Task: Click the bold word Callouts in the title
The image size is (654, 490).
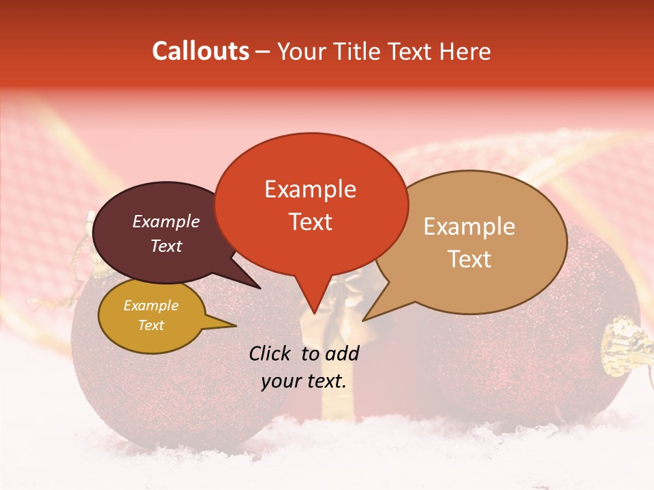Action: [200, 51]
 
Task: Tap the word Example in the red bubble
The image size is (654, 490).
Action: [310, 189]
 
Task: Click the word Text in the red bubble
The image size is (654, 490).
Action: [310, 222]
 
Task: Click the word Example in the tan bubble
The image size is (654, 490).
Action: [469, 227]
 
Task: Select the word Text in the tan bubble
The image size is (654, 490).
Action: [469, 259]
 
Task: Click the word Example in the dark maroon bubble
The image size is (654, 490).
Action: [166, 221]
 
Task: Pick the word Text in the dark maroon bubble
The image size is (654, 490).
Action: [166, 246]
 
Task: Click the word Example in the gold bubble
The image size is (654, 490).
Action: [151, 306]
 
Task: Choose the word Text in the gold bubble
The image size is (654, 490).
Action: [151, 325]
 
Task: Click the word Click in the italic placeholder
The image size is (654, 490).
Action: [271, 353]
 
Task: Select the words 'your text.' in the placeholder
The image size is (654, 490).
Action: [304, 382]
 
